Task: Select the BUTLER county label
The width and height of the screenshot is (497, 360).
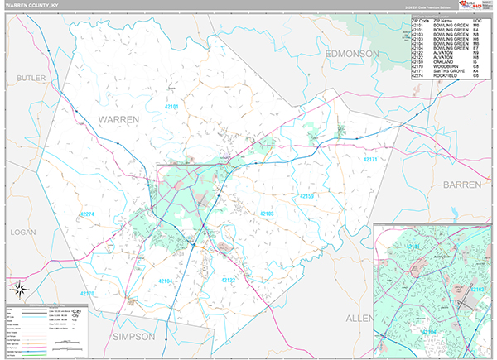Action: (x=31, y=77)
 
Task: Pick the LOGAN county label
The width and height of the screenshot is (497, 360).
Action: (x=22, y=233)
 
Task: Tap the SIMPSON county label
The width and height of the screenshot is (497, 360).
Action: (x=133, y=337)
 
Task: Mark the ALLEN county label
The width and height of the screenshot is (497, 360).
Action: (x=359, y=318)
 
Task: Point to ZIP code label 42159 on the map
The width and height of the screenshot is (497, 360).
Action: (x=306, y=196)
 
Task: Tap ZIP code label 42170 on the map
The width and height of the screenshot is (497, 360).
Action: (x=88, y=294)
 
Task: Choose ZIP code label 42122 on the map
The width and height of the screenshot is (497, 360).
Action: (x=229, y=280)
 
